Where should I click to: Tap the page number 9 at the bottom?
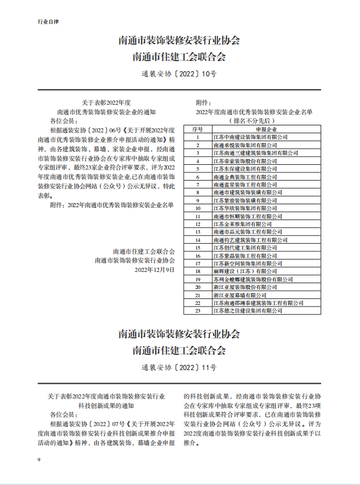[x=39, y=459]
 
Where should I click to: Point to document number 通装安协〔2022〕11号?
[x=179, y=368]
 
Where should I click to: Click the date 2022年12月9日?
[x=155, y=269]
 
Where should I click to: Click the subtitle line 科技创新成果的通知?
[x=106, y=406]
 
